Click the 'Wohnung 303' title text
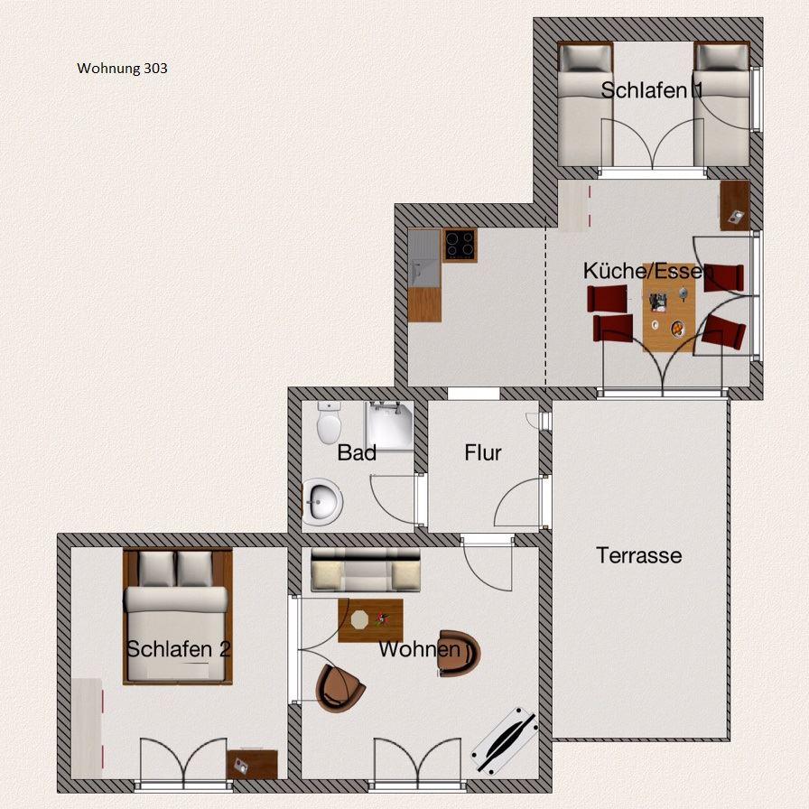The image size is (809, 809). click(x=122, y=69)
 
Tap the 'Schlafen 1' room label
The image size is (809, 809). click(x=652, y=90)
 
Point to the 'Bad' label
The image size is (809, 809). click(x=357, y=453)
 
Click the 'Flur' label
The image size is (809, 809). click(x=483, y=452)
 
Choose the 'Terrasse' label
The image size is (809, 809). click(x=638, y=555)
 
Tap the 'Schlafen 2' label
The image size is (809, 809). click(x=179, y=649)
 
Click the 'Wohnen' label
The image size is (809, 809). click(x=420, y=649)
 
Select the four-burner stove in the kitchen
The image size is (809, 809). click(x=460, y=245)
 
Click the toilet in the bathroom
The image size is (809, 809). click(x=329, y=423)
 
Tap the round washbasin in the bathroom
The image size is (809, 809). click(x=323, y=501)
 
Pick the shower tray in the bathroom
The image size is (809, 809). click(x=389, y=426)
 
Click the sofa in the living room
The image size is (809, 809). click(x=366, y=570)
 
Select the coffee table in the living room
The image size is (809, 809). click(x=370, y=620)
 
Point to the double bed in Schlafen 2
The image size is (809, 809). click(x=178, y=617)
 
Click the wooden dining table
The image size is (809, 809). click(x=669, y=315)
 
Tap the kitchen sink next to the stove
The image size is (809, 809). click(x=424, y=258)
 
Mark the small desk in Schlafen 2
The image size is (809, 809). click(x=252, y=765)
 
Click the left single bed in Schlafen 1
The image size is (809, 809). click(x=586, y=104)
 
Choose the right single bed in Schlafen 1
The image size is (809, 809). click(x=721, y=104)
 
